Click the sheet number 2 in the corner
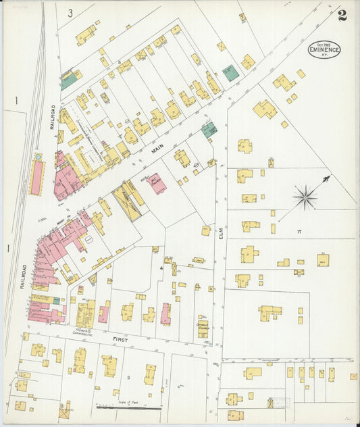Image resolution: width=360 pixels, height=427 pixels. pos(342,16)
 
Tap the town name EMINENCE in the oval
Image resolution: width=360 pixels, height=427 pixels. pos(324,49)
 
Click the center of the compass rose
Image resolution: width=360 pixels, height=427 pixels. pos(305,197)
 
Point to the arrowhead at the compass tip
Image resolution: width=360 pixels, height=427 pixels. pos(328,178)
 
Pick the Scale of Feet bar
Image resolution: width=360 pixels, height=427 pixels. pos(128,407)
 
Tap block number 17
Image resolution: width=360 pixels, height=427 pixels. pos(298,231)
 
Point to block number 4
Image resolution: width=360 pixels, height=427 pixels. pos(161,268)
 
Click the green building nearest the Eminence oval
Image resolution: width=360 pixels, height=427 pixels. pos(231,72)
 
